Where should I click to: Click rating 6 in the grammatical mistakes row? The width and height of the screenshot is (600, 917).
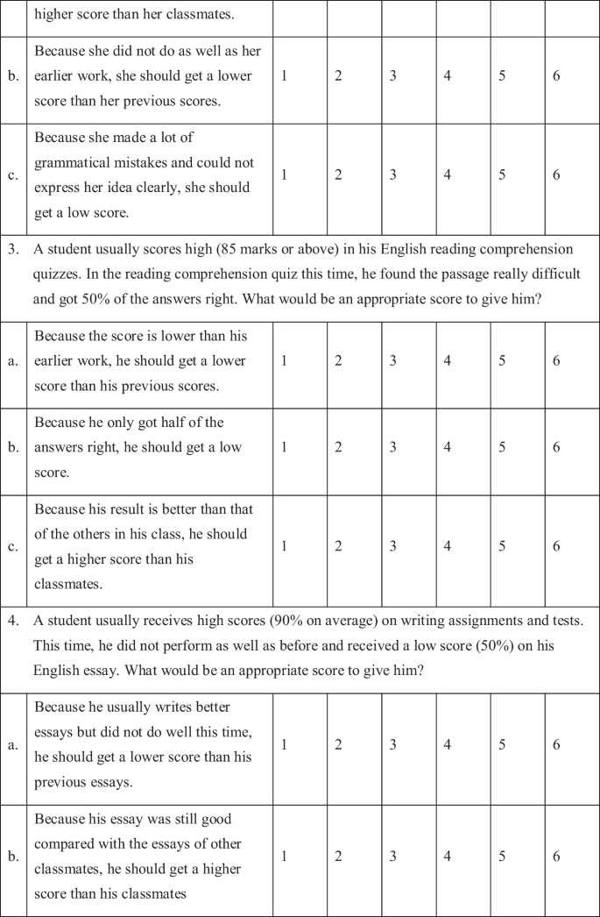(x=556, y=174)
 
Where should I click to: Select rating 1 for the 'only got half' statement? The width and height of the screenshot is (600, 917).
(x=284, y=447)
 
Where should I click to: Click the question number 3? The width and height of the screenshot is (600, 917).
(x=13, y=250)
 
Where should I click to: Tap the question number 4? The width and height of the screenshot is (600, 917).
(x=13, y=621)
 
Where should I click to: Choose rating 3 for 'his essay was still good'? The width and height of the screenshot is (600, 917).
(x=392, y=857)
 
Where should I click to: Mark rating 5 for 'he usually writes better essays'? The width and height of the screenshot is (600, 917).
(x=502, y=744)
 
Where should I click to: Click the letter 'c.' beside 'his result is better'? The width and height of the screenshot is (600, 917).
(x=13, y=546)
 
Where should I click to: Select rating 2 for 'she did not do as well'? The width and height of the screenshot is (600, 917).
(x=338, y=75)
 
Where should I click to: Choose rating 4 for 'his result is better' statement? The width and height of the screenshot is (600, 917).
(x=447, y=546)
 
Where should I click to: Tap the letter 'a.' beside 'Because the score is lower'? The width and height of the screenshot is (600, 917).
(x=13, y=361)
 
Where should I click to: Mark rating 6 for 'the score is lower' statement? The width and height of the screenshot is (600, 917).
(x=556, y=361)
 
